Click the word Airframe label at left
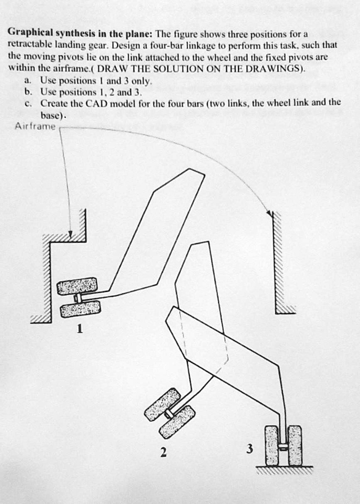click(35, 126)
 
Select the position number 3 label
click(250, 449)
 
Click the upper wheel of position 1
click(77, 285)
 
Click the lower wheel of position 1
click(80, 309)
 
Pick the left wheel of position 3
click(272, 445)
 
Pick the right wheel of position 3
click(295, 445)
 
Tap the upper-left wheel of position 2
click(163, 404)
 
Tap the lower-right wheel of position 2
click(177, 422)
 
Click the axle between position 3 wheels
click(283, 446)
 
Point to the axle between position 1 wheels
click(77, 298)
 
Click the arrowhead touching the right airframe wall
click(270, 214)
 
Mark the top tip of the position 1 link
click(190, 169)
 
